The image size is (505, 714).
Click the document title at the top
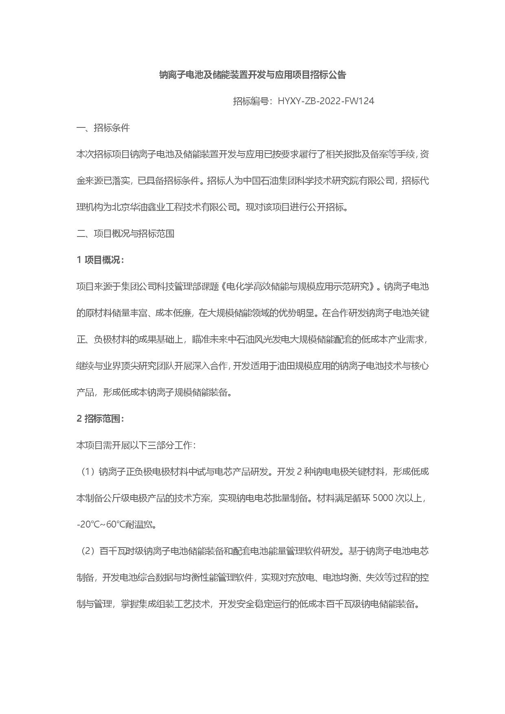tap(252, 75)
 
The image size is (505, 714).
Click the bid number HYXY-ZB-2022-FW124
tap(326, 101)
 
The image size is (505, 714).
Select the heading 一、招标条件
tap(103, 128)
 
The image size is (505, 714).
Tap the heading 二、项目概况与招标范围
tap(125, 234)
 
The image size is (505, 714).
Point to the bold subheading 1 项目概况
tap(100, 260)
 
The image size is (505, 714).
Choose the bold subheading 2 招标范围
tap(100, 419)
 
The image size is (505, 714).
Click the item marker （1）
tap(87, 472)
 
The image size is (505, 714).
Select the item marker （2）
tap(87, 551)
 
